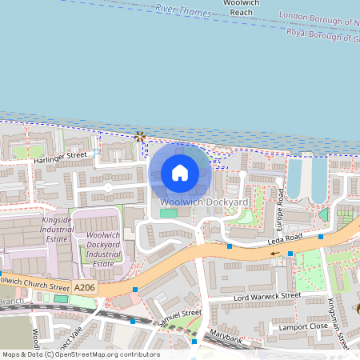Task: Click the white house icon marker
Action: tap(180, 172)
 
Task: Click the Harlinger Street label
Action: tap(59, 158)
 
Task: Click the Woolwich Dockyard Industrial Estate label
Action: tap(102, 250)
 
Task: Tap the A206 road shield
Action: tap(85, 286)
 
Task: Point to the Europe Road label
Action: tap(280, 208)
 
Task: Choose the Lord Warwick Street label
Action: tap(266, 295)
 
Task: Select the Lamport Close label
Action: tap(302, 327)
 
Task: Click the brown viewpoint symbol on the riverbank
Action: tap(141, 136)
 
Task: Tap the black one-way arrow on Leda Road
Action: tap(276, 254)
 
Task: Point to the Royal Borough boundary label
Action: tap(320, 34)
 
